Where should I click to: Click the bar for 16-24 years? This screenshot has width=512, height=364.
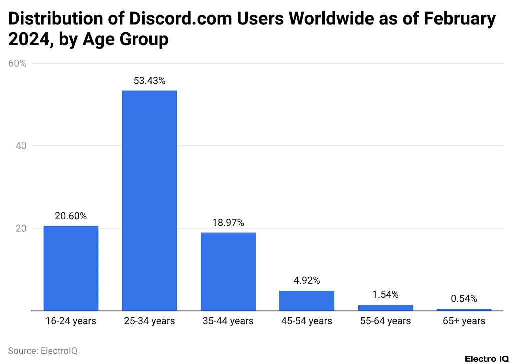click(x=71, y=268)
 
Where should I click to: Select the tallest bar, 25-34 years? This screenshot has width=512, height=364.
click(x=149, y=200)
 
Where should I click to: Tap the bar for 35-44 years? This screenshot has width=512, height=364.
click(x=228, y=271)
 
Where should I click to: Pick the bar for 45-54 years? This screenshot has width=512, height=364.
click(x=306, y=300)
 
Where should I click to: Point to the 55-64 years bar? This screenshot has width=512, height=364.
click(x=385, y=307)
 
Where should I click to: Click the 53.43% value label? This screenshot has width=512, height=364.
click(x=149, y=81)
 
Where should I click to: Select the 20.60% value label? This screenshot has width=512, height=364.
click(x=71, y=216)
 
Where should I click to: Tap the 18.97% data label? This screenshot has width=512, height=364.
click(x=228, y=223)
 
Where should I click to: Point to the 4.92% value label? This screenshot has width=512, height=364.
click(x=306, y=281)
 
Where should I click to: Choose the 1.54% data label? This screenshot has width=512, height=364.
click(x=385, y=295)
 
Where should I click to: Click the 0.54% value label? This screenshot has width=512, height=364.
click(x=464, y=299)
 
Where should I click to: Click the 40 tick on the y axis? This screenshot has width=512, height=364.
click(x=21, y=146)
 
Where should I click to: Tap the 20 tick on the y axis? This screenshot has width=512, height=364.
click(x=21, y=229)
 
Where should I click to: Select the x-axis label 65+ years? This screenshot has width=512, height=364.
click(x=464, y=321)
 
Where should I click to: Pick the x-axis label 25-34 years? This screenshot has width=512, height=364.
click(x=149, y=321)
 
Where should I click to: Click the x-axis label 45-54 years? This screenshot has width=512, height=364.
click(x=306, y=321)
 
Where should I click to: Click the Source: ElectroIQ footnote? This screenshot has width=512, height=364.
click(x=43, y=351)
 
